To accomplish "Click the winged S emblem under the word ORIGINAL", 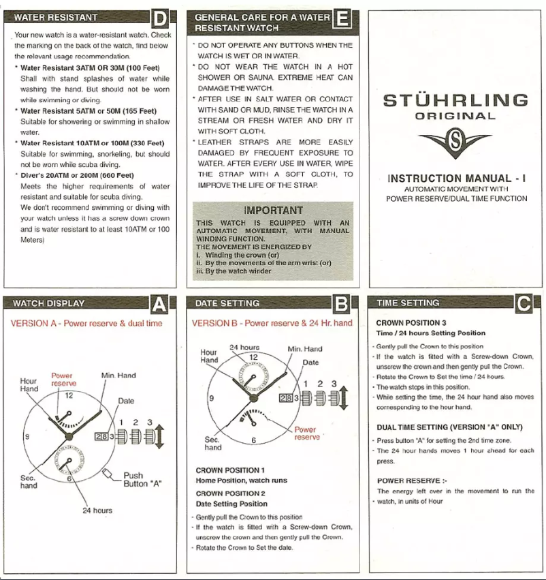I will tap(455, 144).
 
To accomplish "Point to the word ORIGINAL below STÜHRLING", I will tap(455, 117).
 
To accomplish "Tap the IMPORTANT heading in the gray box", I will tap(272, 211).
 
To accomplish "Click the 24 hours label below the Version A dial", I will tap(98, 510).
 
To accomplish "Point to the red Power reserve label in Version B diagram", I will tap(306, 433).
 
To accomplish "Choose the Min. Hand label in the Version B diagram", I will tap(304, 349).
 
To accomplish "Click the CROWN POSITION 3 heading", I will tap(411, 323).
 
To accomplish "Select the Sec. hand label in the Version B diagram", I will tap(213, 443).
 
